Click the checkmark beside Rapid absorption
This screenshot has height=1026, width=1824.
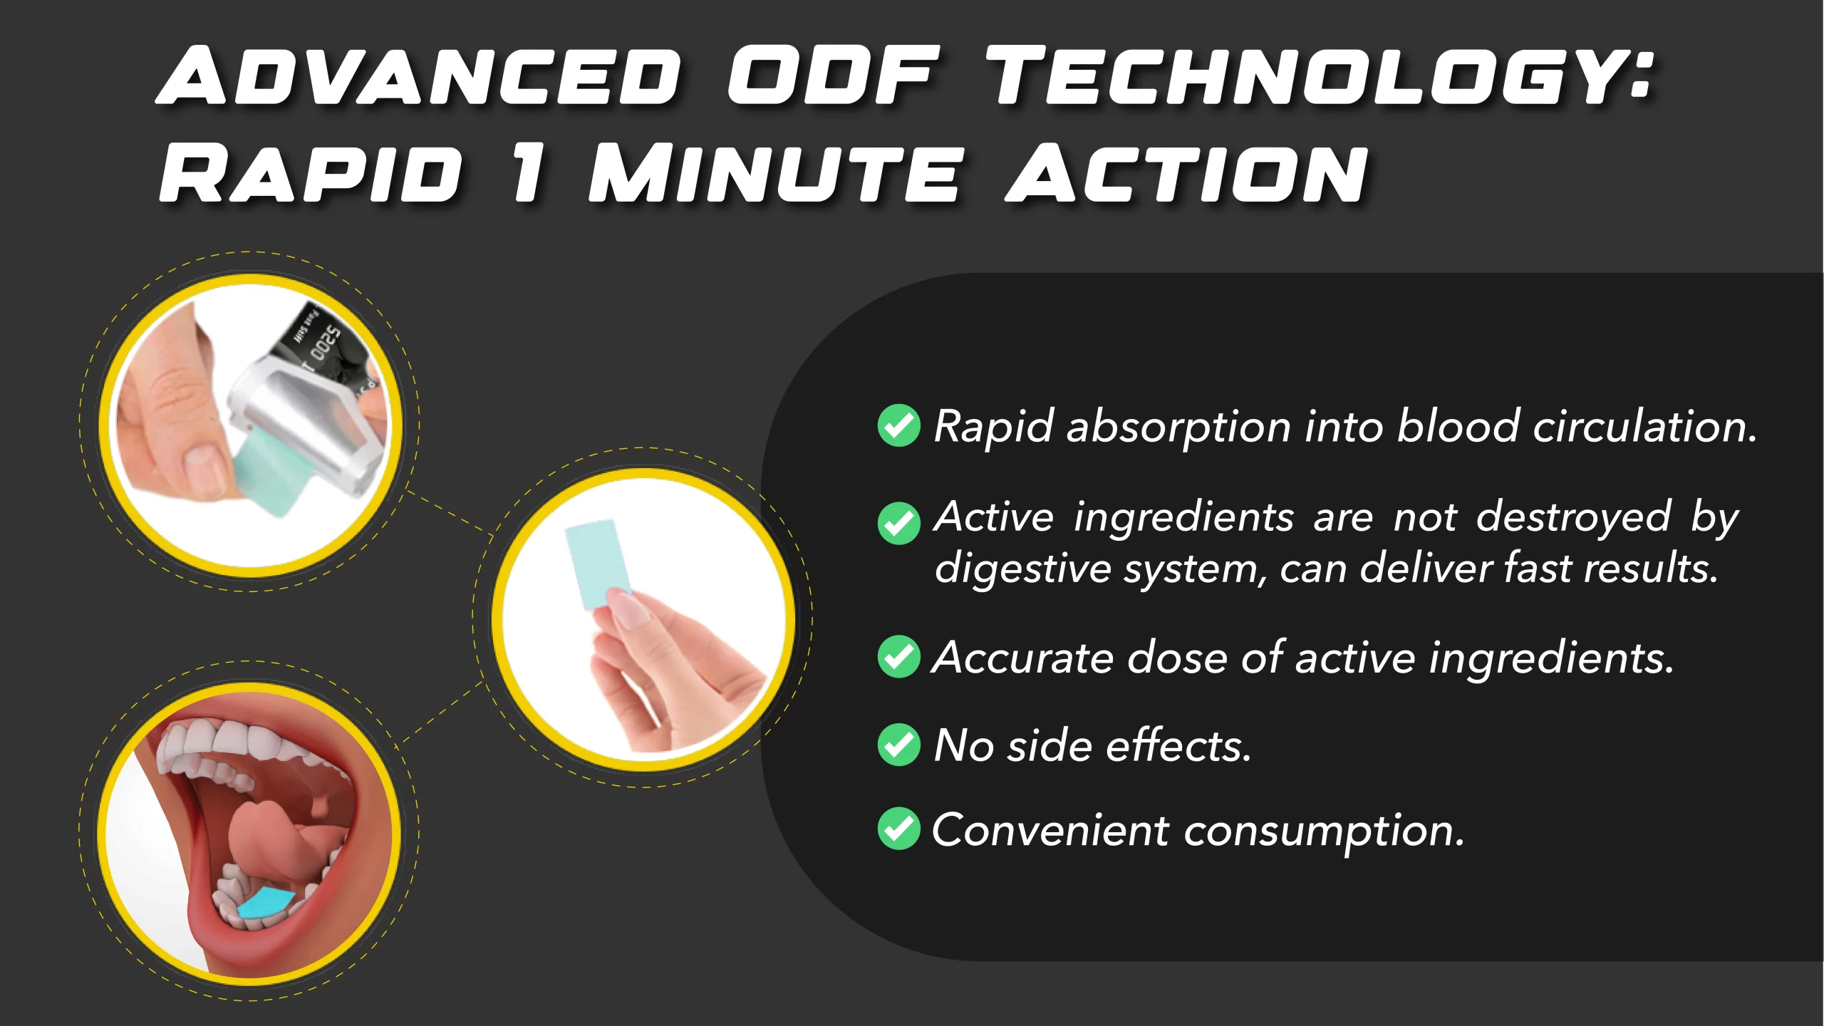pyautogui.click(x=899, y=425)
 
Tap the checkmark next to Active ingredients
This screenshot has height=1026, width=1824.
pyautogui.click(x=899, y=523)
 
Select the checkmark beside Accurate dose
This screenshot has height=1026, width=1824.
pyautogui.click(x=899, y=656)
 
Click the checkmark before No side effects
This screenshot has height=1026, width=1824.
pyautogui.click(x=899, y=745)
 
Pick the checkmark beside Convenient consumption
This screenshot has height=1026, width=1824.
pyautogui.click(x=899, y=829)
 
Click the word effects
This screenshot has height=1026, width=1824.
pyautogui.click(x=1178, y=745)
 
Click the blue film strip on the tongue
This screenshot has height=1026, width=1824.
pyautogui.click(x=265, y=903)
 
